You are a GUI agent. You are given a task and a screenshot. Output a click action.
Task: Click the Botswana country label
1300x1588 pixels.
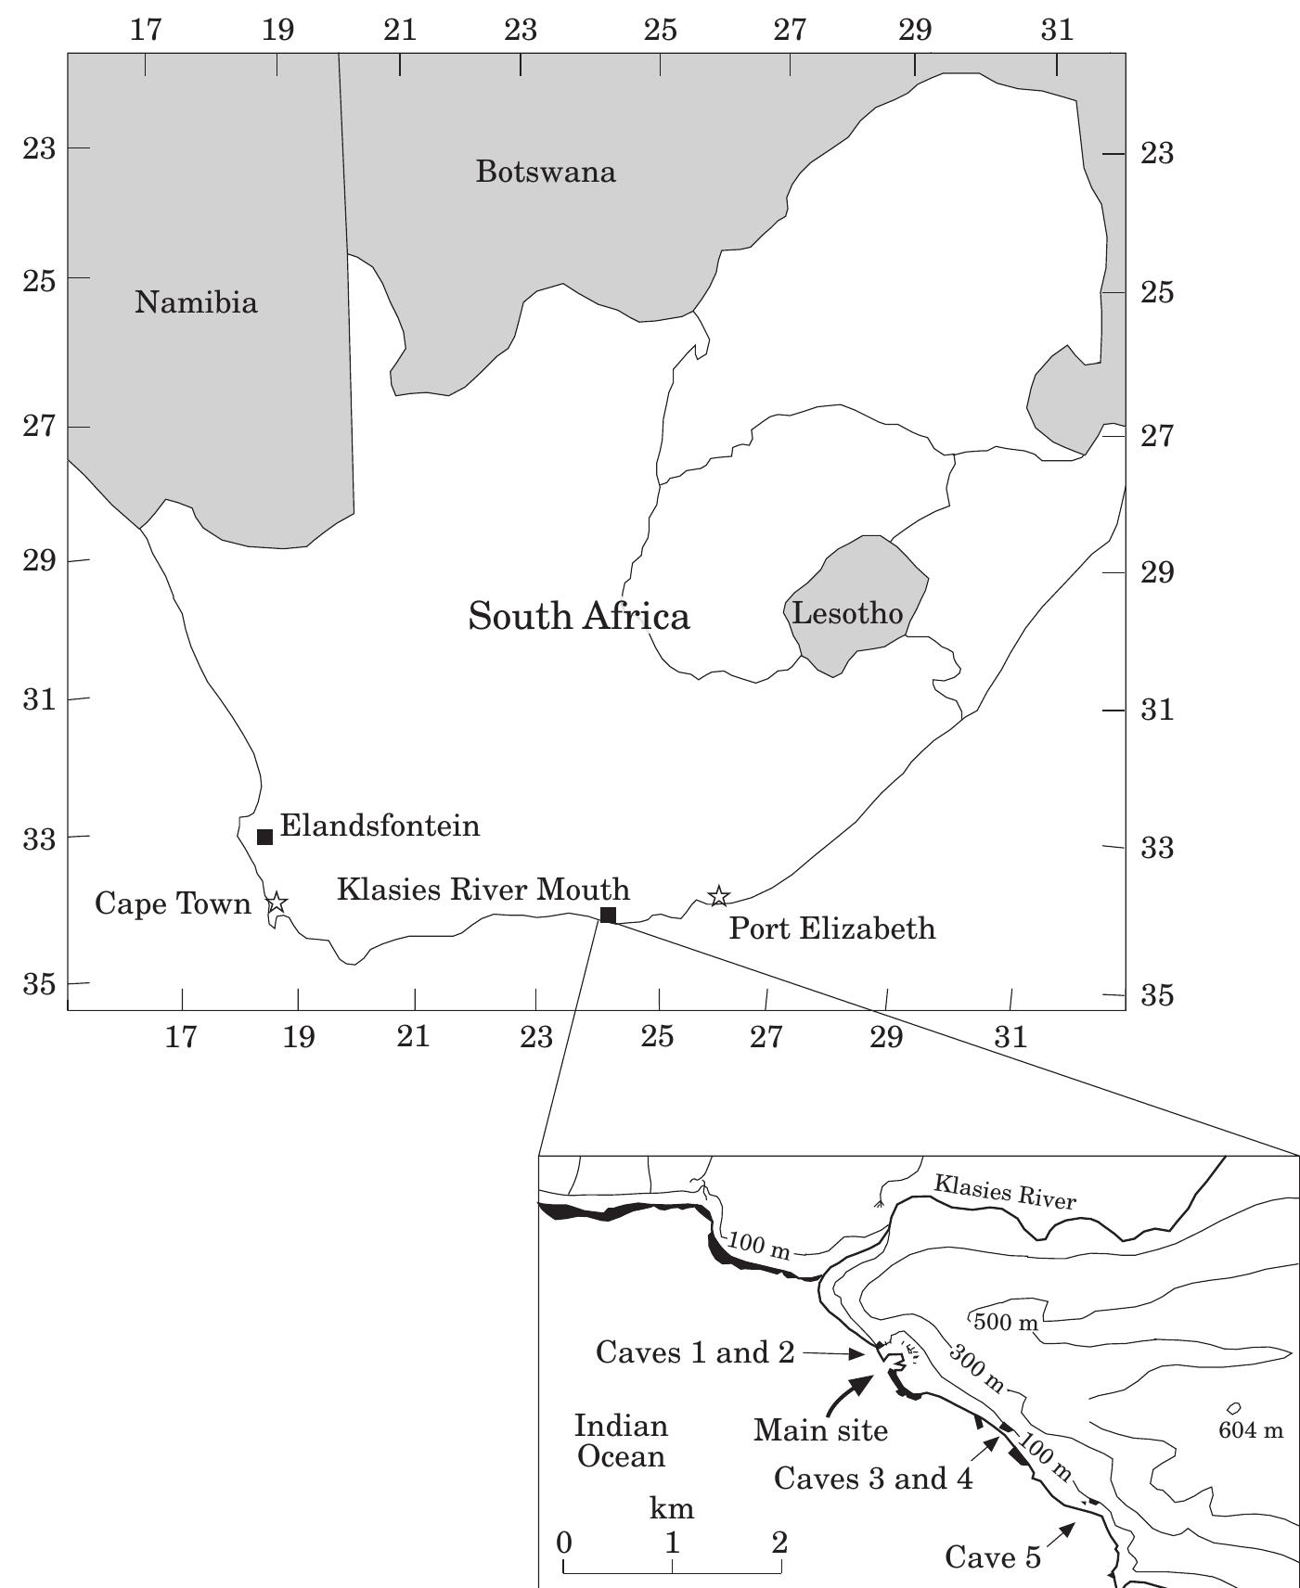click(x=546, y=173)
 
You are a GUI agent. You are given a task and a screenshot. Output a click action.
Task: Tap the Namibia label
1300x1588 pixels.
click(x=196, y=302)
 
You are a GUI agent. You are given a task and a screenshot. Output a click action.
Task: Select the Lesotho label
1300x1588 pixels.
click(x=847, y=613)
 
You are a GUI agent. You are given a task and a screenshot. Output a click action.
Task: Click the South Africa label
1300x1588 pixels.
click(x=579, y=617)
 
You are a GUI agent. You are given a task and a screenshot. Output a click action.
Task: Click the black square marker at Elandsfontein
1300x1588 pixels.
click(x=264, y=837)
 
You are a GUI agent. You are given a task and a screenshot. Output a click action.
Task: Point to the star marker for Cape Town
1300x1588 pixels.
click(x=277, y=903)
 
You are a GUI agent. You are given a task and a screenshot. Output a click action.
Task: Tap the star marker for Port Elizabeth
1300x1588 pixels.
click(x=718, y=896)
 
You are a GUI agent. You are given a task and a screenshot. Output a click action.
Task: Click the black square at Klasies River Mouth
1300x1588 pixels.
click(x=608, y=916)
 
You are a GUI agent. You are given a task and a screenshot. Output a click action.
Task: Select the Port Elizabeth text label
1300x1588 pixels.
click(x=832, y=928)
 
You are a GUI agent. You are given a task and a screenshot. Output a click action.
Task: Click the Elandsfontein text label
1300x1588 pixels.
click(x=380, y=826)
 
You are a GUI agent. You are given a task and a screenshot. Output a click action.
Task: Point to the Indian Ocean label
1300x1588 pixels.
click(x=621, y=1441)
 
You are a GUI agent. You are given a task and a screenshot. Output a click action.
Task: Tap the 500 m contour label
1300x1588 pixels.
click(x=1006, y=1323)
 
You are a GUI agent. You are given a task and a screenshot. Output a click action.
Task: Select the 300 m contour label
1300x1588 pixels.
click(x=976, y=1368)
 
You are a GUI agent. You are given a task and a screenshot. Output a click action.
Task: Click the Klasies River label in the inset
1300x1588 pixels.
click(x=1005, y=1192)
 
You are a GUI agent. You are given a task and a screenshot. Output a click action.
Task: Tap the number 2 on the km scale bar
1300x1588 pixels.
click(x=779, y=1543)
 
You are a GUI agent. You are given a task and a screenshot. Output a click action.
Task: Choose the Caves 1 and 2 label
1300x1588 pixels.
click(x=695, y=1352)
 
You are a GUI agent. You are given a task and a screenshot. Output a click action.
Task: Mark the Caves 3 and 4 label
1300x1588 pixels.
click(x=873, y=1479)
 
